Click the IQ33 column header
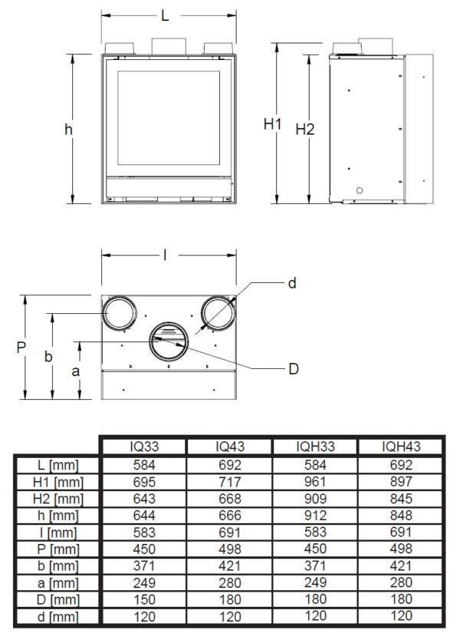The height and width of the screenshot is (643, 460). [x=144, y=446]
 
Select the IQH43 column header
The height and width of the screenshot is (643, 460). [x=401, y=446]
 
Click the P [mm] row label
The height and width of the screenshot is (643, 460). [x=58, y=549]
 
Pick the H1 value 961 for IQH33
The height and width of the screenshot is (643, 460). [x=315, y=481]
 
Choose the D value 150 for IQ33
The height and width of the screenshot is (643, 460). [x=144, y=599]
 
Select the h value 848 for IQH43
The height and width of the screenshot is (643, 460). [x=401, y=515]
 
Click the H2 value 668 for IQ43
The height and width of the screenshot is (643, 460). [x=230, y=499]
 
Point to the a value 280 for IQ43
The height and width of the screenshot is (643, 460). [x=230, y=582]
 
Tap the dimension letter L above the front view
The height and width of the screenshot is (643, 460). [x=165, y=16]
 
